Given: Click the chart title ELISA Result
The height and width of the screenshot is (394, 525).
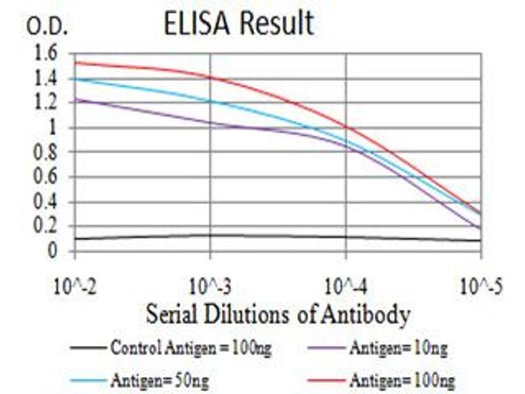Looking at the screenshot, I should (x=238, y=24).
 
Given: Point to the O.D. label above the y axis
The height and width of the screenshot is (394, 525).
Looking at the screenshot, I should (x=47, y=27).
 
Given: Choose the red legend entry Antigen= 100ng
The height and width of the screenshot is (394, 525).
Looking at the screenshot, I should (x=402, y=380).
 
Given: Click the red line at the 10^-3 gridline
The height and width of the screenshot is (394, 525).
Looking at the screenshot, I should (x=210, y=77).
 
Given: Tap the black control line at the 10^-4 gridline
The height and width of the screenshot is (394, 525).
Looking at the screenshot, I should (x=346, y=237).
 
